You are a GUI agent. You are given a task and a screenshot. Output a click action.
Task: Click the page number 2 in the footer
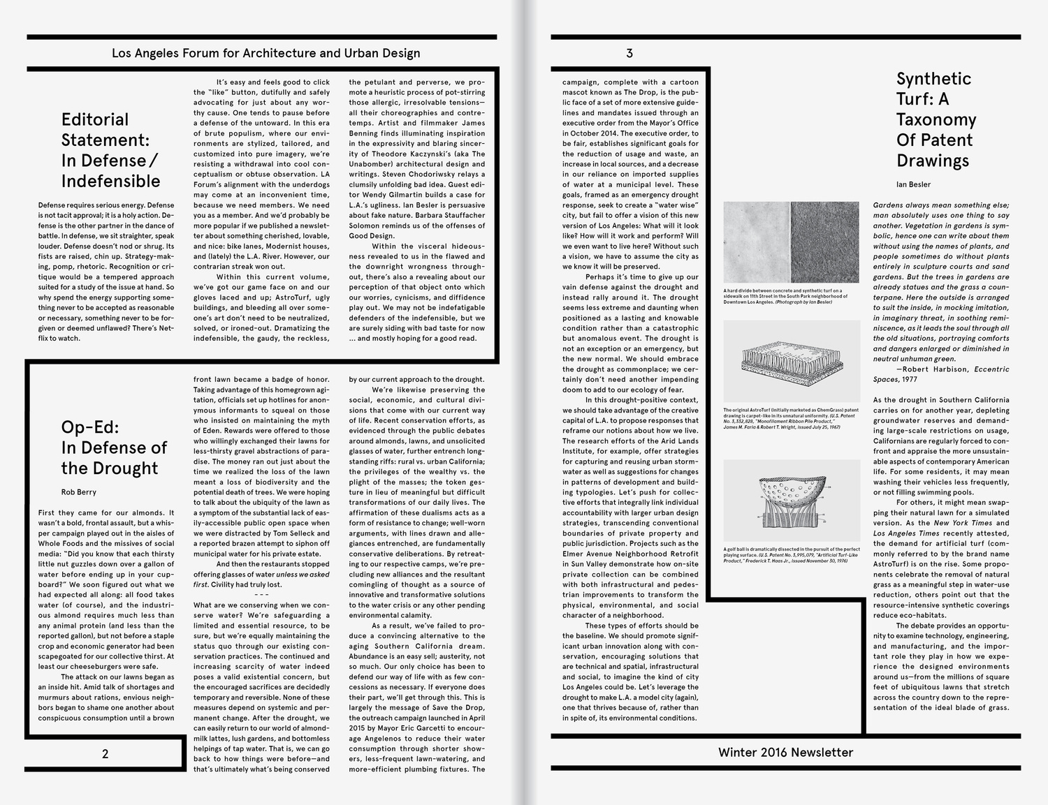click(x=105, y=754)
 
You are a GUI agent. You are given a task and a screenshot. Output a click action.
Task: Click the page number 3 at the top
click(x=629, y=53)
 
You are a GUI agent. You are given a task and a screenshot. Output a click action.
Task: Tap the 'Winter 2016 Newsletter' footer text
click(x=785, y=752)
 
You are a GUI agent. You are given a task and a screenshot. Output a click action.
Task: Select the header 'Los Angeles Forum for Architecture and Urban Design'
click(x=265, y=53)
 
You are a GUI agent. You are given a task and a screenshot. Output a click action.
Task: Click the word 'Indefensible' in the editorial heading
click(x=110, y=181)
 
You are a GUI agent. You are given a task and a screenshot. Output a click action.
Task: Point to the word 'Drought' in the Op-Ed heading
click(x=131, y=468)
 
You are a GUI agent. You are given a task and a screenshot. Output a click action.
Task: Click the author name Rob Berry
click(x=78, y=492)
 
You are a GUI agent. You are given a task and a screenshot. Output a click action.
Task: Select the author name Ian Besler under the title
click(x=913, y=184)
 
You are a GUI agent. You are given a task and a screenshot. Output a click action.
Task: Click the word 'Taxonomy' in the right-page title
click(x=936, y=119)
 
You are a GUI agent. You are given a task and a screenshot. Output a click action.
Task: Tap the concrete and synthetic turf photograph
click(x=791, y=242)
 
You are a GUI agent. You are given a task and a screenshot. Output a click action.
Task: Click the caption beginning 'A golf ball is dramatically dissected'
click(x=791, y=555)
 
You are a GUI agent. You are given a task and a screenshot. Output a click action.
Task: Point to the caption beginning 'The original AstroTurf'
click(x=791, y=418)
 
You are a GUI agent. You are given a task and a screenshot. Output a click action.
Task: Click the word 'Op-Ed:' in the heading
click(x=90, y=427)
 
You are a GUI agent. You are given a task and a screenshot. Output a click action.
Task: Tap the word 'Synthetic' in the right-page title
click(x=933, y=79)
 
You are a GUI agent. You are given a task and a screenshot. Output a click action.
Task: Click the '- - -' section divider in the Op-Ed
click(x=261, y=595)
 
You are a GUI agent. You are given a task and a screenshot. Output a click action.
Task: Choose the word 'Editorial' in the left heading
click(x=95, y=119)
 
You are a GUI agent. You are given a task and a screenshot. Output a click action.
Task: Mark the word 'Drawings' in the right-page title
click(x=932, y=161)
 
